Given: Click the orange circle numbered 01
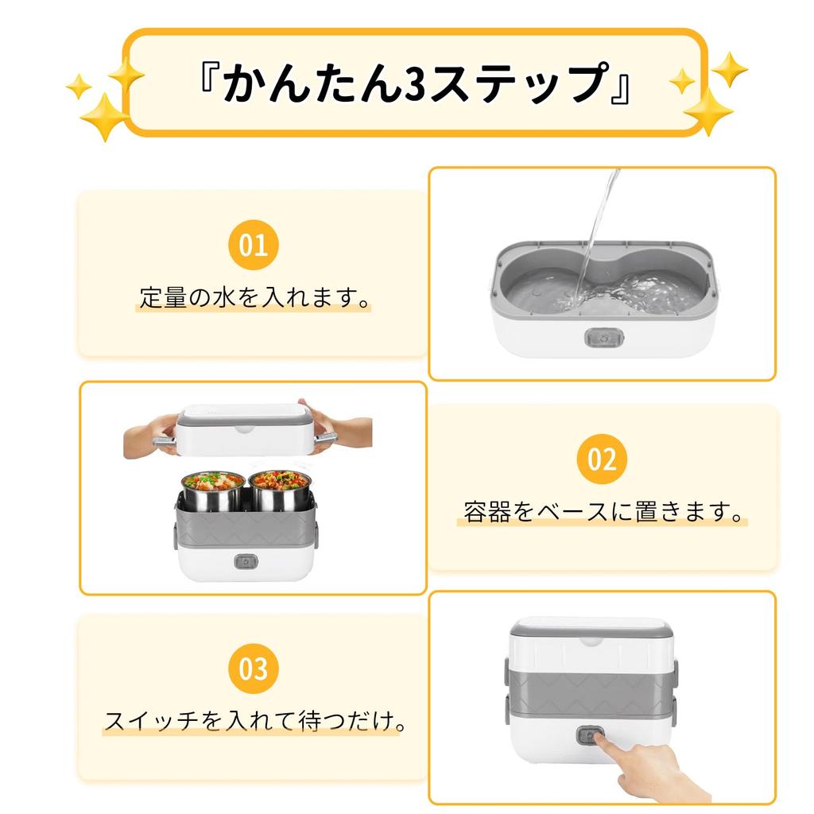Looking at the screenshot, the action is coord(254,245).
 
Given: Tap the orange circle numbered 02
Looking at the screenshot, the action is coord(603,459).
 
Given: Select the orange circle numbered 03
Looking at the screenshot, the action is coord(254,669).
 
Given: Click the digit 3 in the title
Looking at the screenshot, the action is coord(414,83).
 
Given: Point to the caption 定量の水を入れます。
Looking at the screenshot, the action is coord(254,297).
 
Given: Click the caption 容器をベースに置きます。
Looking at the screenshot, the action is coord(603,512).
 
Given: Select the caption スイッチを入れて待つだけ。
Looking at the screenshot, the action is coord(254,721).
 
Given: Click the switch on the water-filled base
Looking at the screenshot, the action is coord(604,338).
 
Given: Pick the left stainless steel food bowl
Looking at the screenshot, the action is coord(213,491).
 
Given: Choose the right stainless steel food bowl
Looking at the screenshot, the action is coord(280,491).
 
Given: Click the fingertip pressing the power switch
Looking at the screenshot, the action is coord(598,737).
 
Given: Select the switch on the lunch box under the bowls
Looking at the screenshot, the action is coord(246,561).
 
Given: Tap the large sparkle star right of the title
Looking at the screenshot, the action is coord(708,111).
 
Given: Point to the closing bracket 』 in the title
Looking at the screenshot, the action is coord(621,89).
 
